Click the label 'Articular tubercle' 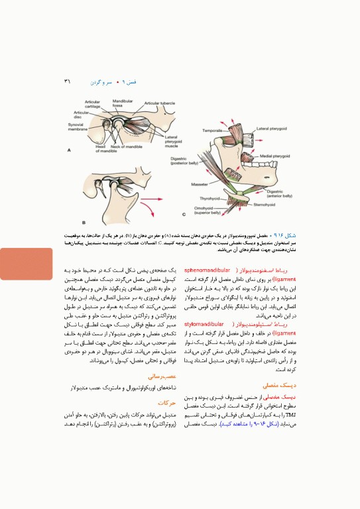pyautogui.click(x=159, y=104)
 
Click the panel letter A pyautogui.click(x=68, y=150)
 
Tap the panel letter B pyautogui.click(x=84, y=221)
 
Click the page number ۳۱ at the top pyautogui.click(x=67, y=82)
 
